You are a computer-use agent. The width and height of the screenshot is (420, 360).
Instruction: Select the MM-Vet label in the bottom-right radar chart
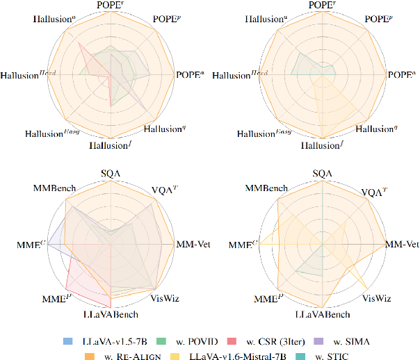pos(403,245)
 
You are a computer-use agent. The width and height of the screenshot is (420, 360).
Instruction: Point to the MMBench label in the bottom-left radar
pos(55,188)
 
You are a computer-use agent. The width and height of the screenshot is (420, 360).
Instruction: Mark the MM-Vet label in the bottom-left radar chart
pos(193,245)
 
